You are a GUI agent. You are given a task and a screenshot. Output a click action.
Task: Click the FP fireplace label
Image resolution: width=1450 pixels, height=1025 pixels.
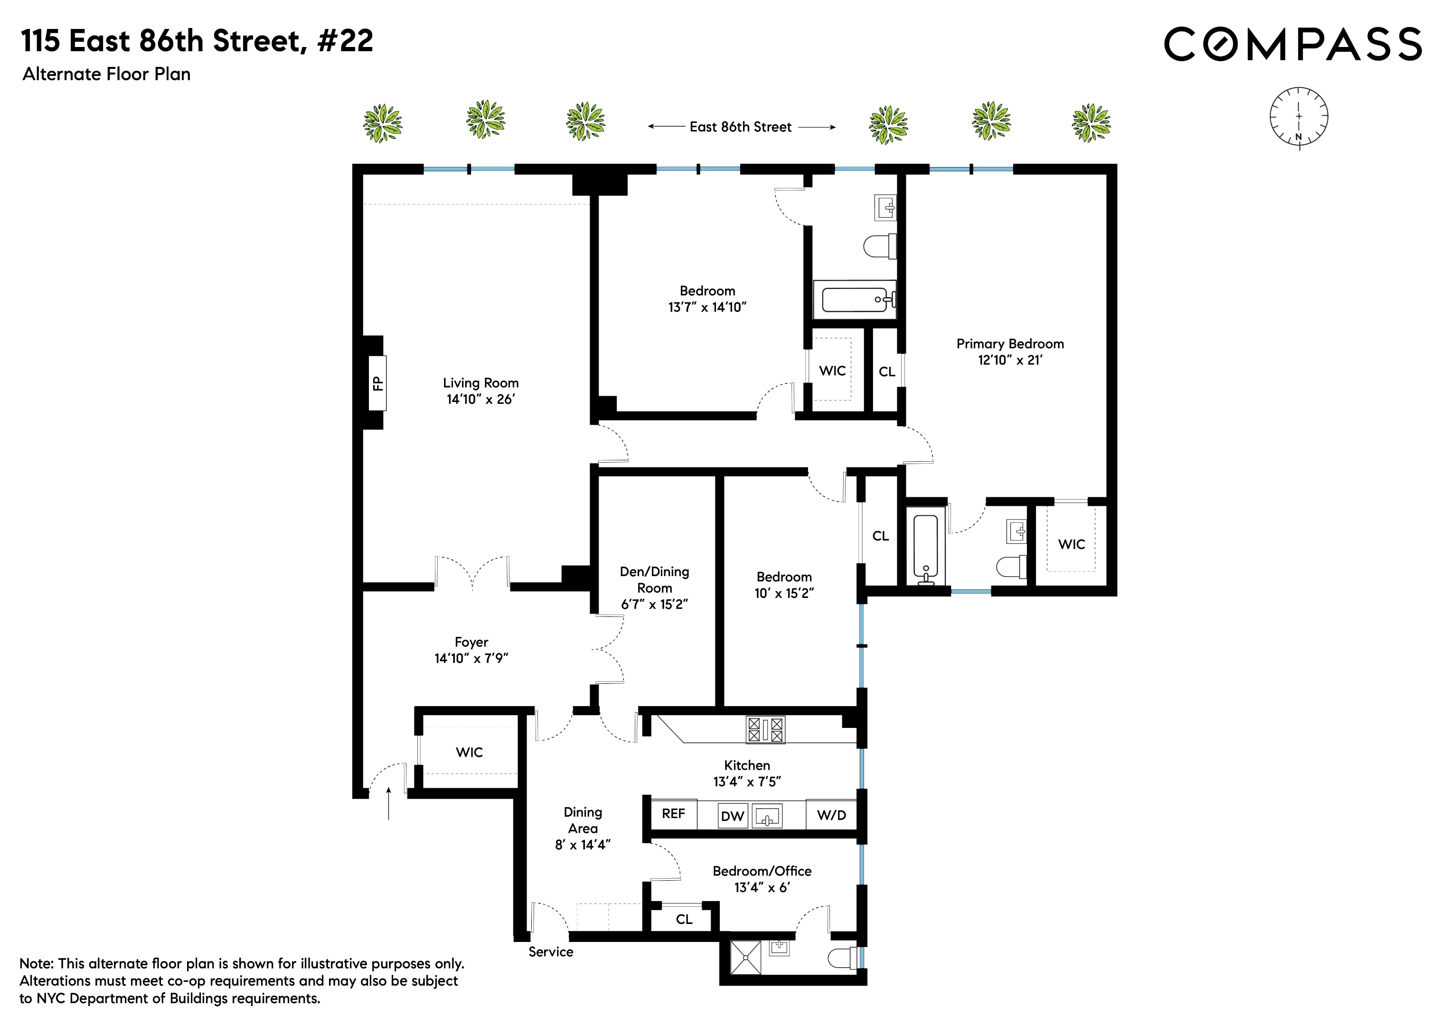point(377,383)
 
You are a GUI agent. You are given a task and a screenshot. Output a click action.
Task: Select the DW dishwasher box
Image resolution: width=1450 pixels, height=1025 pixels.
point(732,816)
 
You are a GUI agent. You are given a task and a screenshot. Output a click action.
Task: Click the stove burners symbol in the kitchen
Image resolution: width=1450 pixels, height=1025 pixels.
point(765,730)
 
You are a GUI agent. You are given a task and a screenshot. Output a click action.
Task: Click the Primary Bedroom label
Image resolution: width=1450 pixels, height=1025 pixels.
point(1010,344)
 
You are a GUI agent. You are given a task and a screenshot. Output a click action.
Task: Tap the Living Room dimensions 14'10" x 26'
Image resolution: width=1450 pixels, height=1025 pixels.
point(480,400)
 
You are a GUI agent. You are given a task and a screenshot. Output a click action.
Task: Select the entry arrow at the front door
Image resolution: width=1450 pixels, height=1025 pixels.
point(388,803)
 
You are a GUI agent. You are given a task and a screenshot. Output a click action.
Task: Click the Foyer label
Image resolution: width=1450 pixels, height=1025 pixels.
point(471,642)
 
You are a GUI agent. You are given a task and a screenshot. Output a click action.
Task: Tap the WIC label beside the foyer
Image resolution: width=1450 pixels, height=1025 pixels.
point(469,752)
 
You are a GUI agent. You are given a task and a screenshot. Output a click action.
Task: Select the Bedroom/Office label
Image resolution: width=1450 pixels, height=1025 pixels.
point(762,871)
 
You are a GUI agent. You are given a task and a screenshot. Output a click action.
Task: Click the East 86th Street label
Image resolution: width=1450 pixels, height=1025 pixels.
point(740,127)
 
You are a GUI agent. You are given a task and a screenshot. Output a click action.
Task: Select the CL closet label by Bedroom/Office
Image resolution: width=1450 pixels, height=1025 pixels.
point(684,920)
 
